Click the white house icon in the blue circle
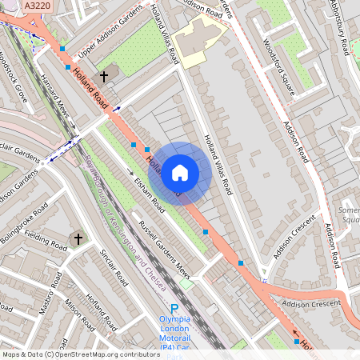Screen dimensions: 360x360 [180, 172]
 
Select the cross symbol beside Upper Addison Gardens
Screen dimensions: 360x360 [102, 77]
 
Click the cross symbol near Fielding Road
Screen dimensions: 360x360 [78, 238]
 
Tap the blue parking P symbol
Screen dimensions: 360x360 [174, 308]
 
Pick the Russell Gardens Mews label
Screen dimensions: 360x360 [166, 244]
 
